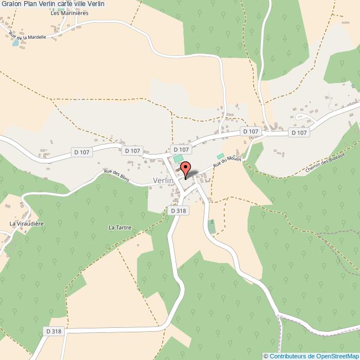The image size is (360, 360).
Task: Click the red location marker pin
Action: tap(186, 168)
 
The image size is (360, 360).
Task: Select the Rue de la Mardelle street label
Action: tap(27, 36)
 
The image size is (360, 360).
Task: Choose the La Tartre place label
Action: tap(119, 227)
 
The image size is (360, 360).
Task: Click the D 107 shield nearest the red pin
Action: tap(181, 150)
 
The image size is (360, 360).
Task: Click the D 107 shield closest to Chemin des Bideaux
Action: tap(299, 132)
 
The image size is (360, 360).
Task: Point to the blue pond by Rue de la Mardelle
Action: tap(16, 42)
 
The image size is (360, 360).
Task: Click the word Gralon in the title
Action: tap(11, 4)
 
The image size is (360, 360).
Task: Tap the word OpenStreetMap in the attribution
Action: tap(335, 356)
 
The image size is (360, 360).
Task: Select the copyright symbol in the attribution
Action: tap(266, 356)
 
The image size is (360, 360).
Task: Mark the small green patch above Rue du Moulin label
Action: tap(220, 156)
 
